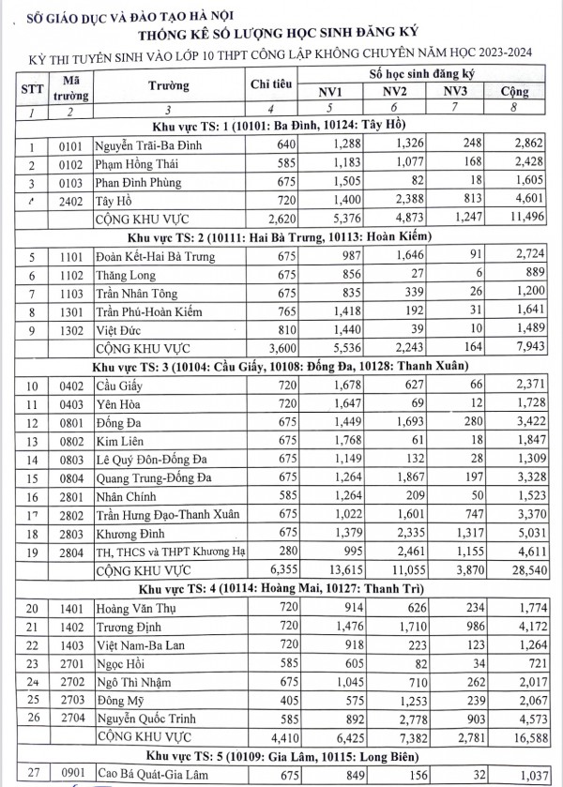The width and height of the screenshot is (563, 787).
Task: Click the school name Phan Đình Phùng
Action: pyautogui.click(x=140, y=183)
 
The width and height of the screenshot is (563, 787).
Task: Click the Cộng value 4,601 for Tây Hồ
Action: pyautogui.click(x=510, y=201)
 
